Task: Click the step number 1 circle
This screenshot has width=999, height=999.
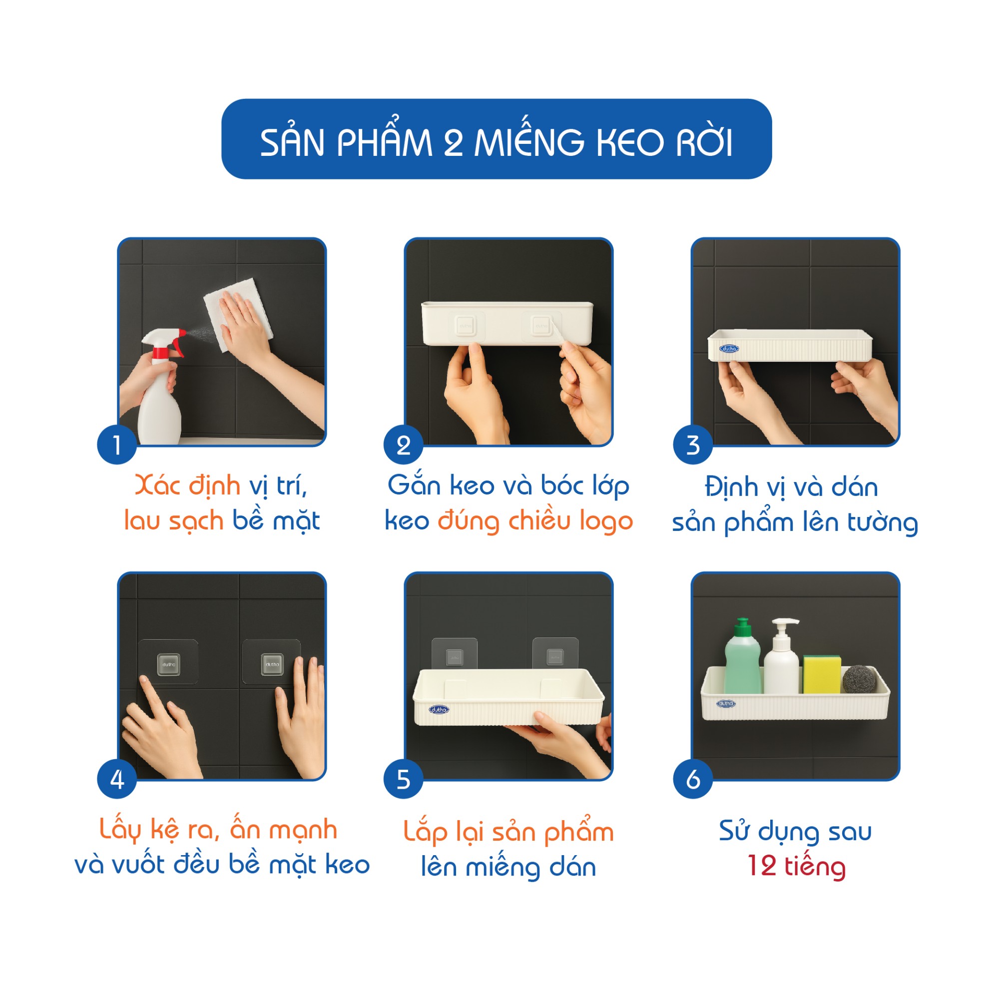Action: [117, 445]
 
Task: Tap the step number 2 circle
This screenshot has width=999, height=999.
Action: [403, 445]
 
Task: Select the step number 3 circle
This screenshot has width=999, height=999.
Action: [693, 445]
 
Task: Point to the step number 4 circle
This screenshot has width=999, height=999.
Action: [117, 779]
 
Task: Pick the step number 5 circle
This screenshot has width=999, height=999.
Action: [403, 779]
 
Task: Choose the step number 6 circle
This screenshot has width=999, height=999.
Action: [693, 779]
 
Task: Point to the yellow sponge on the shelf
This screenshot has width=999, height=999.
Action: [822, 674]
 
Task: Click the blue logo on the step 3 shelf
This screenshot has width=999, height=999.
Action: [729, 349]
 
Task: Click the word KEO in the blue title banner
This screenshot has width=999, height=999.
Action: [630, 143]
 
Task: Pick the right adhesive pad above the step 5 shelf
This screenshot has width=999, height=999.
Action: [555, 655]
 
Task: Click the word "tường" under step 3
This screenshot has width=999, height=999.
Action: [883, 523]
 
